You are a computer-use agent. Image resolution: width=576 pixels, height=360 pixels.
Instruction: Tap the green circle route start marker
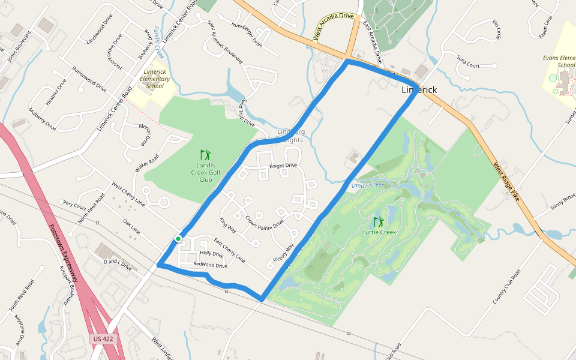[x=178, y=239]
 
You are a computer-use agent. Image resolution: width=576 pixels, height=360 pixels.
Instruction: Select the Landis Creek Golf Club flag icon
[x=206, y=155]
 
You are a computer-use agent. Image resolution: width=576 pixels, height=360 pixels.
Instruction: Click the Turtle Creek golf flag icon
[x=379, y=222]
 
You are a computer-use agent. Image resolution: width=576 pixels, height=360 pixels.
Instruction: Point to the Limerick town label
[x=419, y=90]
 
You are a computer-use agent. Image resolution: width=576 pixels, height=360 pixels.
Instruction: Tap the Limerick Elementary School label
[x=154, y=79]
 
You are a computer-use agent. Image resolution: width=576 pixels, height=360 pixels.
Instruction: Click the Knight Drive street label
[x=283, y=166]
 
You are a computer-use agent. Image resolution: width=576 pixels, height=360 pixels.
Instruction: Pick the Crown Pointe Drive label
[x=264, y=220]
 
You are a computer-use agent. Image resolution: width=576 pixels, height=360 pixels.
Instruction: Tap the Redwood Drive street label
[x=210, y=265]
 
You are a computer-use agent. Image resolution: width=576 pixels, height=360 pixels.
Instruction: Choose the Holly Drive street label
[x=211, y=254]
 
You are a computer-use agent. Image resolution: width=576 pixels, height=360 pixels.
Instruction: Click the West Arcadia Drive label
[x=334, y=27]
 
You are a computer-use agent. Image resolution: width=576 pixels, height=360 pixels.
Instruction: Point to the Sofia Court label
[x=468, y=62]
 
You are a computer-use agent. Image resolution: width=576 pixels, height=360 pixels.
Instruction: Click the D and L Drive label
[x=118, y=264]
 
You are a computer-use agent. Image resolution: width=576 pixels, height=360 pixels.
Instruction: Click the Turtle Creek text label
[x=379, y=232]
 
